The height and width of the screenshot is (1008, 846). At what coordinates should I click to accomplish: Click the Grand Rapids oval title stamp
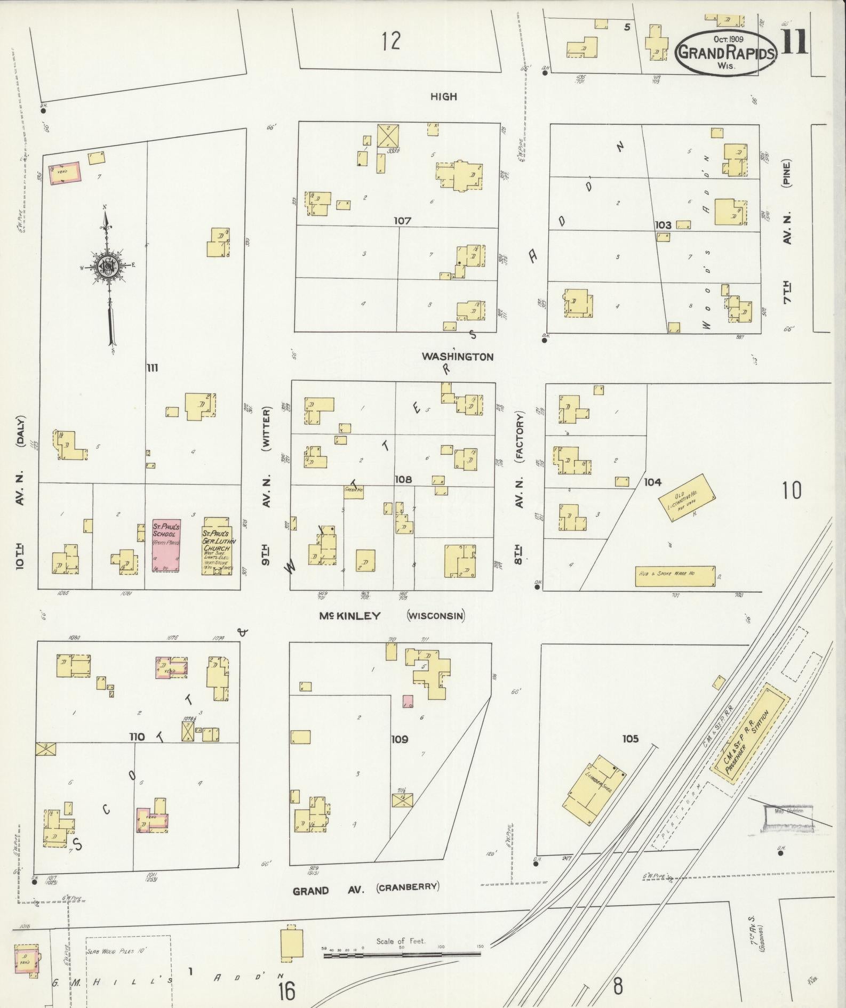point(726,52)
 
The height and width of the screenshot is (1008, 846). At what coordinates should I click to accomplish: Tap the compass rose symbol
point(108,264)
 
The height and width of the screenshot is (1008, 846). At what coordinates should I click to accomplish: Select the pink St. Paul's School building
point(166,545)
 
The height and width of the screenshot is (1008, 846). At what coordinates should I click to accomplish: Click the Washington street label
point(458,357)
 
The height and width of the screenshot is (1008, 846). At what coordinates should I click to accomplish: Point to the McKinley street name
point(350,616)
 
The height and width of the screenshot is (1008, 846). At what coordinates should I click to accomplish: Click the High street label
point(444,96)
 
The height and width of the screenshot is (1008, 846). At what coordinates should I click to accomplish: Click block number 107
point(402,220)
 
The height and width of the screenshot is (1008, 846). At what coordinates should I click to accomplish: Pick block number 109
point(400,739)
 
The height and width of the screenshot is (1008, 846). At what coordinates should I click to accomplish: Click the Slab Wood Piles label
point(117,949)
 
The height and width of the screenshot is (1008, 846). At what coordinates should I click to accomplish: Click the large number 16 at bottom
point(286,991)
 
